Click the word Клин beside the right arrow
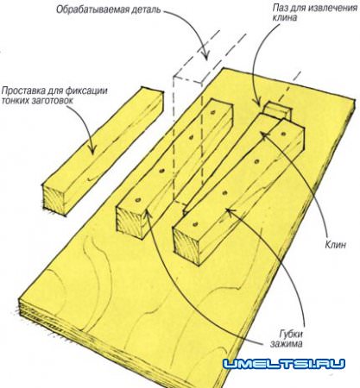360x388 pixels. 335,245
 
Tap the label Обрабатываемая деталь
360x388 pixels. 108,9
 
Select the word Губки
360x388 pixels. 291,335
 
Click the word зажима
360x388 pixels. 287,344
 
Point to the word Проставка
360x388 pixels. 19,91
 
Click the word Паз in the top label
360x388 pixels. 279,8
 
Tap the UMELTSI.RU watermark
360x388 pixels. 284,364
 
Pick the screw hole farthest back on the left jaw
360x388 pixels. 213,112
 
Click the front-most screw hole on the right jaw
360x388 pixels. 196,223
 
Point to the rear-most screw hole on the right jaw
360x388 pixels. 284,134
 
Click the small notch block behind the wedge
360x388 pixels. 277,110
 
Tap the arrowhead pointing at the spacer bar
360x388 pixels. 92,149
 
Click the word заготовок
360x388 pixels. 54,101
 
